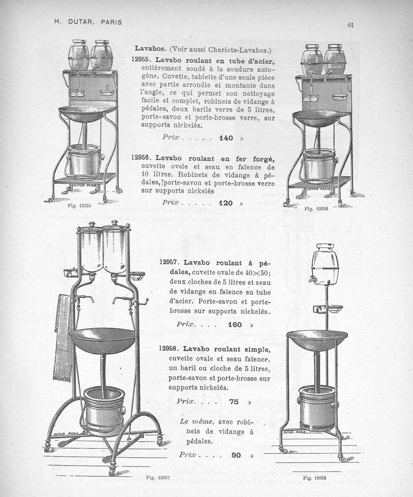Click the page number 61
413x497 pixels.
click(350, 24)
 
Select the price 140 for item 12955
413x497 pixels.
click(226, 138)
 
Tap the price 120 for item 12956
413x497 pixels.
click(226, 203)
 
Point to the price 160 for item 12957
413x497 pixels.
click(235, 325)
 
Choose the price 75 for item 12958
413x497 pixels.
click(234, 402)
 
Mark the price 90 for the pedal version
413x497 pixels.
click(236, 455)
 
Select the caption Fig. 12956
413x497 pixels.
click(316, 208)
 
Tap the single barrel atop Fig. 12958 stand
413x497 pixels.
click(325, 264)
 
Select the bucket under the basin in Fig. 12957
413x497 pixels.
click(104, 408)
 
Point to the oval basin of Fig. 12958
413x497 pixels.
click(317, 340)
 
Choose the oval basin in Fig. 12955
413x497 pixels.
click(83, 114)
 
